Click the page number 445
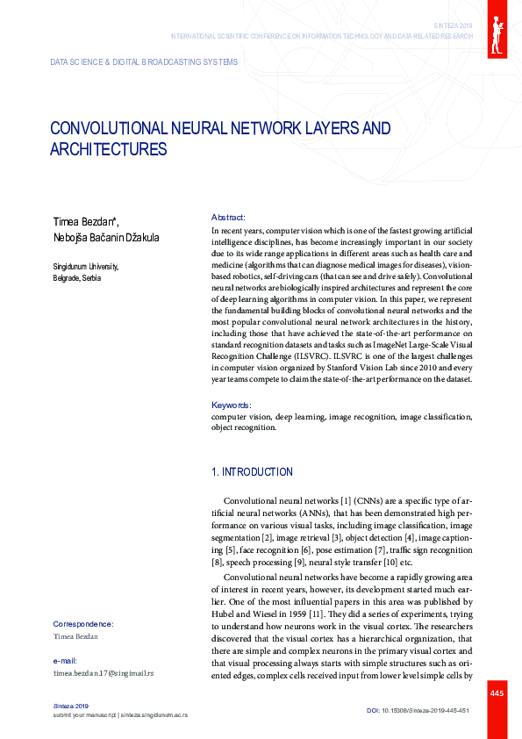click(497, 693)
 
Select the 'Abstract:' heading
click(228, 217)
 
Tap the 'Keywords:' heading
click(232, 405)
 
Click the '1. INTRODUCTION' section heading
click(252, 472)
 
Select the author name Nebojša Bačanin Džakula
click(106, 237)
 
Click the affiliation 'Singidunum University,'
click(85, 267)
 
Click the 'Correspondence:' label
click(82, 624)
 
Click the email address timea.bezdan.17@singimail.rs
click(104, 672)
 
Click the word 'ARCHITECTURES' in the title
click(108, 149)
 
